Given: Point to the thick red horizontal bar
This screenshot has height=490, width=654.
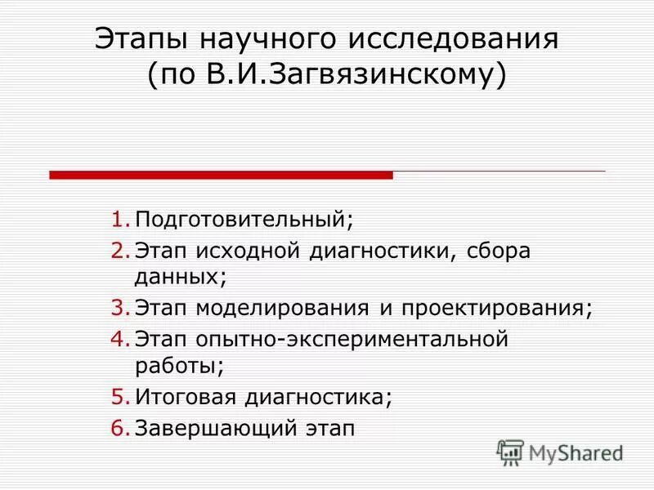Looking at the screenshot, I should pos(221,175).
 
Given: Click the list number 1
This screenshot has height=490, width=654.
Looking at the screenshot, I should pos(120,220).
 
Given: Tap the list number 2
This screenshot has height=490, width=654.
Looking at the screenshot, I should pos(120,251).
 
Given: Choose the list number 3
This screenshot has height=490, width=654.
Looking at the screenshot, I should pos(120,308).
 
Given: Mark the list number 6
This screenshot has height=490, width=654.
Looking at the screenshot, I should pos(120,428).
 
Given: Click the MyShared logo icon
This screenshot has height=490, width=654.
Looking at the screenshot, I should pos(510,452).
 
